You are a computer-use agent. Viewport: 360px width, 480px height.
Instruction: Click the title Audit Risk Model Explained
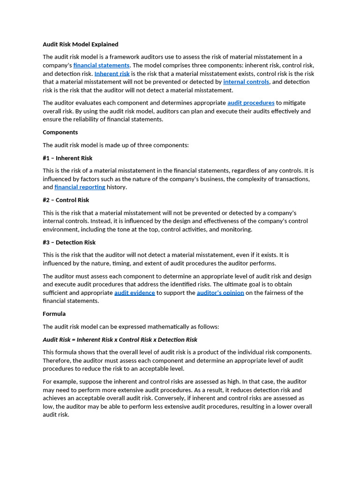pyautogui.click(x=80, y=45)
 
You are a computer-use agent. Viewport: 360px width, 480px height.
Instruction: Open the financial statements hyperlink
pyautogui.click(x=101, y=66)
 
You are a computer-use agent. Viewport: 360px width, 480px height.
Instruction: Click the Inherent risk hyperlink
pyautogui.click(x=112, y=74)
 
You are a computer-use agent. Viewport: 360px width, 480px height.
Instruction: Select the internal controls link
pyautogui.click(x=246, y=82)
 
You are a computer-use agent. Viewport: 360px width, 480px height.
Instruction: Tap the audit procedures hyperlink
pyautogui.click(x=251, y=103)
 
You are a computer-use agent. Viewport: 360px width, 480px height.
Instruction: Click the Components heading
pyautogui.click(x=60, y=132)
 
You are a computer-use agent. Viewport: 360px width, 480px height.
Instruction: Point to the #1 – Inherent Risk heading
pyautogui.click(x=67, y=158)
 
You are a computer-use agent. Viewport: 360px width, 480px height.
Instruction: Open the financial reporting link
pyautogui.click(x=80, y=187)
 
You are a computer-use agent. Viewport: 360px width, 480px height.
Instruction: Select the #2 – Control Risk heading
pyautogui.click(x=66, y=200)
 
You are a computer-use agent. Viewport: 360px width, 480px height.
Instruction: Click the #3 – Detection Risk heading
pyautogui.click(x=69, y=242)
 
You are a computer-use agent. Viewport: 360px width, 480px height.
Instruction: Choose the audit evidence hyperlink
pyautogui.click(x=135, y=293)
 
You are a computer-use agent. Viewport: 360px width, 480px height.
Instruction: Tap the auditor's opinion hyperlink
pyautogui.click(x=220, y=293)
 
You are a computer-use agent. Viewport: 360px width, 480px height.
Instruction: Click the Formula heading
pyautogui.click(x=54, y=314)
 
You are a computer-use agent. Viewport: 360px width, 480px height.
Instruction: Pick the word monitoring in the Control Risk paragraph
pyautogui.click(x=237, y=230)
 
